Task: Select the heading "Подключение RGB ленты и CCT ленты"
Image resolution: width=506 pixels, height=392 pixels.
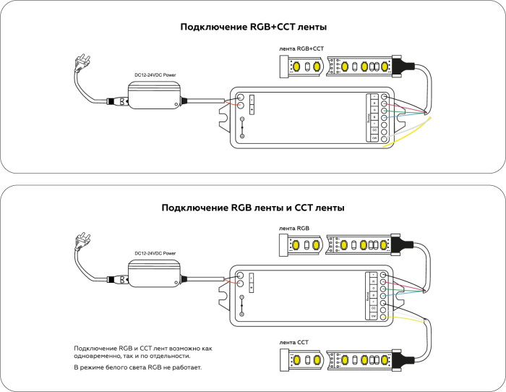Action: click(x=253, y=208)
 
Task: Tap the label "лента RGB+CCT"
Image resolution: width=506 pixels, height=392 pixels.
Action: click(x=301, y=49)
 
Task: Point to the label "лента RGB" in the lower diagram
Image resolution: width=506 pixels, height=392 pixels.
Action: click(x=294, y=229)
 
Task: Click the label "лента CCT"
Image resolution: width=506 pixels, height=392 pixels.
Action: click(x=294, y=341)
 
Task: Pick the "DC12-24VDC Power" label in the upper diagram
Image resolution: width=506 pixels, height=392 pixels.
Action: click(x=155, y=74)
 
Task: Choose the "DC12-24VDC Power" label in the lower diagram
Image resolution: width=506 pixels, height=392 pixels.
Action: click(x=155, y=254)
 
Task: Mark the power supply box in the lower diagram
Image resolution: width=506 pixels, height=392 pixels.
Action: click(x=155, y=274)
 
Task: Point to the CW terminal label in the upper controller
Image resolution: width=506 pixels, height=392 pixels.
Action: click(x=374, y=137)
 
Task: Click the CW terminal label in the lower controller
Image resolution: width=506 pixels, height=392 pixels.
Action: click(x=374, y=316)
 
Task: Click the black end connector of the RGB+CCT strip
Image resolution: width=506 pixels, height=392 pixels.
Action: click(x=403, y=67)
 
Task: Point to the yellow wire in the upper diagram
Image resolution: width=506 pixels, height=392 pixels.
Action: click(x=416, y=130)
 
